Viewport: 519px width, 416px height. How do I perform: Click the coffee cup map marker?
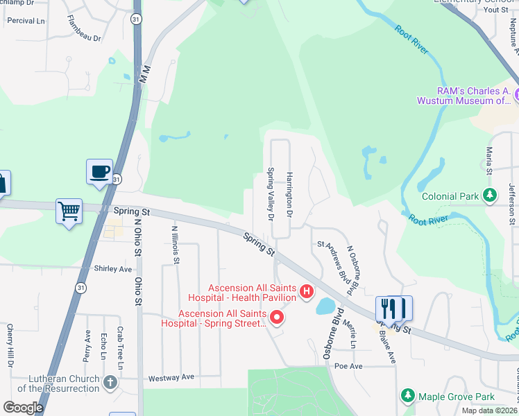[x=100, y=171]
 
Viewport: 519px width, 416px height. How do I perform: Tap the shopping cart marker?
[x=69, y=211]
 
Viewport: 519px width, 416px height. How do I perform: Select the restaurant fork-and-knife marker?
[x=394, y=308]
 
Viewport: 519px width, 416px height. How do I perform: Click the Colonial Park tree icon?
[x=491, y=196]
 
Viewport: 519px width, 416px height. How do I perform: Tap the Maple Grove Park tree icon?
[x=408, y=396]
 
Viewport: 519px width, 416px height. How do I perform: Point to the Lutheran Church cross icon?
[x=110, y=383]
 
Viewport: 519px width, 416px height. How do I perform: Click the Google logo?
[x=24, y=407]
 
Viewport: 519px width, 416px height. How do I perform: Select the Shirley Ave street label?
[x=112, y=269]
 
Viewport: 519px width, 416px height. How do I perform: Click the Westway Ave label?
[x=171, y=378]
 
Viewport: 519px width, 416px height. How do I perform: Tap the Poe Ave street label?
[x=348, y=365]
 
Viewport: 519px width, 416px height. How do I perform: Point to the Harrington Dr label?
[x=290, y=198]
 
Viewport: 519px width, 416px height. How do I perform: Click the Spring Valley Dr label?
[x=271, y=195]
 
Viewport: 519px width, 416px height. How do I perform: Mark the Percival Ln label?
[x=25, y=20]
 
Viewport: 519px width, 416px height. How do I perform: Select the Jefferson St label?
[x=513, y=203]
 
